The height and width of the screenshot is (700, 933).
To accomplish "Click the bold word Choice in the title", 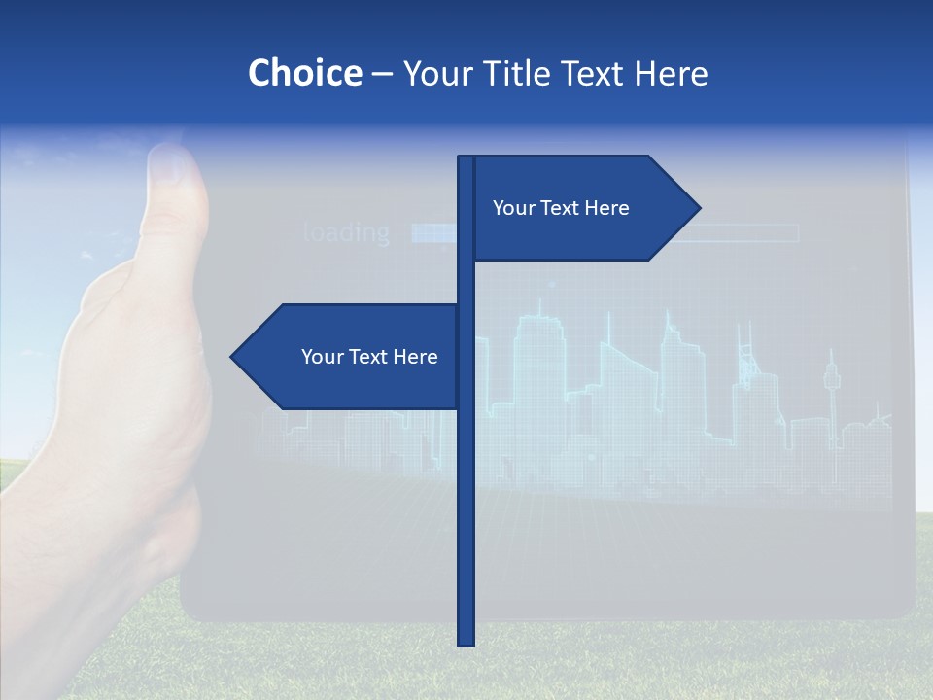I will tap(304, 73).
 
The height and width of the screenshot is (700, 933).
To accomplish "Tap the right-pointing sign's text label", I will tap(561, 208).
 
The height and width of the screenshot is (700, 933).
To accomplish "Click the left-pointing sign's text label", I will tap(369, 357).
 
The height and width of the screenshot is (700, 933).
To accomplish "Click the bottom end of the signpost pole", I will tap(466, 642).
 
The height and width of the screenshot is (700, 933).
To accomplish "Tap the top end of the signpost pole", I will tap(466, 159).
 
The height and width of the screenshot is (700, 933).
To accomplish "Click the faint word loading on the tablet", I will tap(346, 233).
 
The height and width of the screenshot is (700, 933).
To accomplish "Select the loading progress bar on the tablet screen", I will tap(603, 233).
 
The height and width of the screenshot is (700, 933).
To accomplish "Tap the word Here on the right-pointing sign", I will tap(607, 208).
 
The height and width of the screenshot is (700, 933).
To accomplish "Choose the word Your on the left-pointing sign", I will tap(321, 357).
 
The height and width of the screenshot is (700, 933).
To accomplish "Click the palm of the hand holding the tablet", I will tap(126, 389).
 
